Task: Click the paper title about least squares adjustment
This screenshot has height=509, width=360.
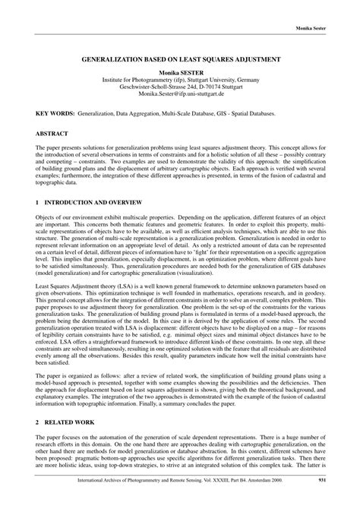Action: click(181, 58)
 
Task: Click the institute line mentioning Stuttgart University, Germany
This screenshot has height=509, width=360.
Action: click(181, 78)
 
